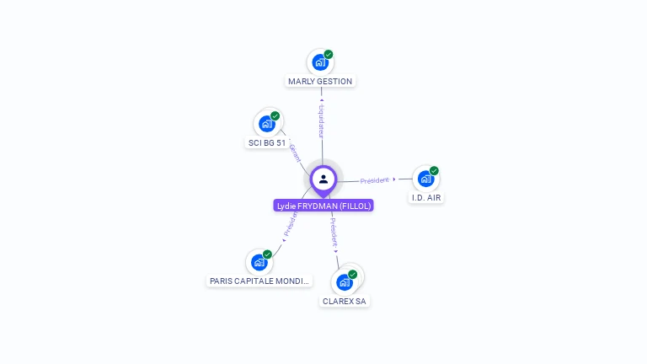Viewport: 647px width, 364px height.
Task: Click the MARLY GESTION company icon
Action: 319,62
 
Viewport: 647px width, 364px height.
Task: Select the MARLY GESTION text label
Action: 320,82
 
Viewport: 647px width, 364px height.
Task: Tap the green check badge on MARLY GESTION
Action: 329,55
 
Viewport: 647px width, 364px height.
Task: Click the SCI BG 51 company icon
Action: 267,123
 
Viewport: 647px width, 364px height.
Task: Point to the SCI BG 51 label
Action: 266,143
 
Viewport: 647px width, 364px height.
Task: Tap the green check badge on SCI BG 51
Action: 275,116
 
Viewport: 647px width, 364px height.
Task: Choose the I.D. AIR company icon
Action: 425,178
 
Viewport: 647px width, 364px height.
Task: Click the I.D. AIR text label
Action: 426,198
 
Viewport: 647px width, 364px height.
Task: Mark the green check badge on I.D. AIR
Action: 434,171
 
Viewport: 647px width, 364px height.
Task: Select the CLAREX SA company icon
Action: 344,281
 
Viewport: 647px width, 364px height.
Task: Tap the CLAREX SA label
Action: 345,302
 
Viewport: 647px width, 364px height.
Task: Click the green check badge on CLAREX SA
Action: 353,275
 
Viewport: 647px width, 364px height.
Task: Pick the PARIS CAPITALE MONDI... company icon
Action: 259,261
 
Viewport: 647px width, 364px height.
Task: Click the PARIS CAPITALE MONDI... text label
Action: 259,281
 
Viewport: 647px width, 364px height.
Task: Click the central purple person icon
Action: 323,179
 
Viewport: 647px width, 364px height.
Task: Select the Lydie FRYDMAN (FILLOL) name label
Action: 323,206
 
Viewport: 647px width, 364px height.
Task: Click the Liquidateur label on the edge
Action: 321,120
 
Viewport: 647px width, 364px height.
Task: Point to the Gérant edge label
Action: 295,153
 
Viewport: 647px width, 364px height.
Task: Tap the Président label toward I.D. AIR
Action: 375,180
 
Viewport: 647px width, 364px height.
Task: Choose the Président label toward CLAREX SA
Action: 334,232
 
